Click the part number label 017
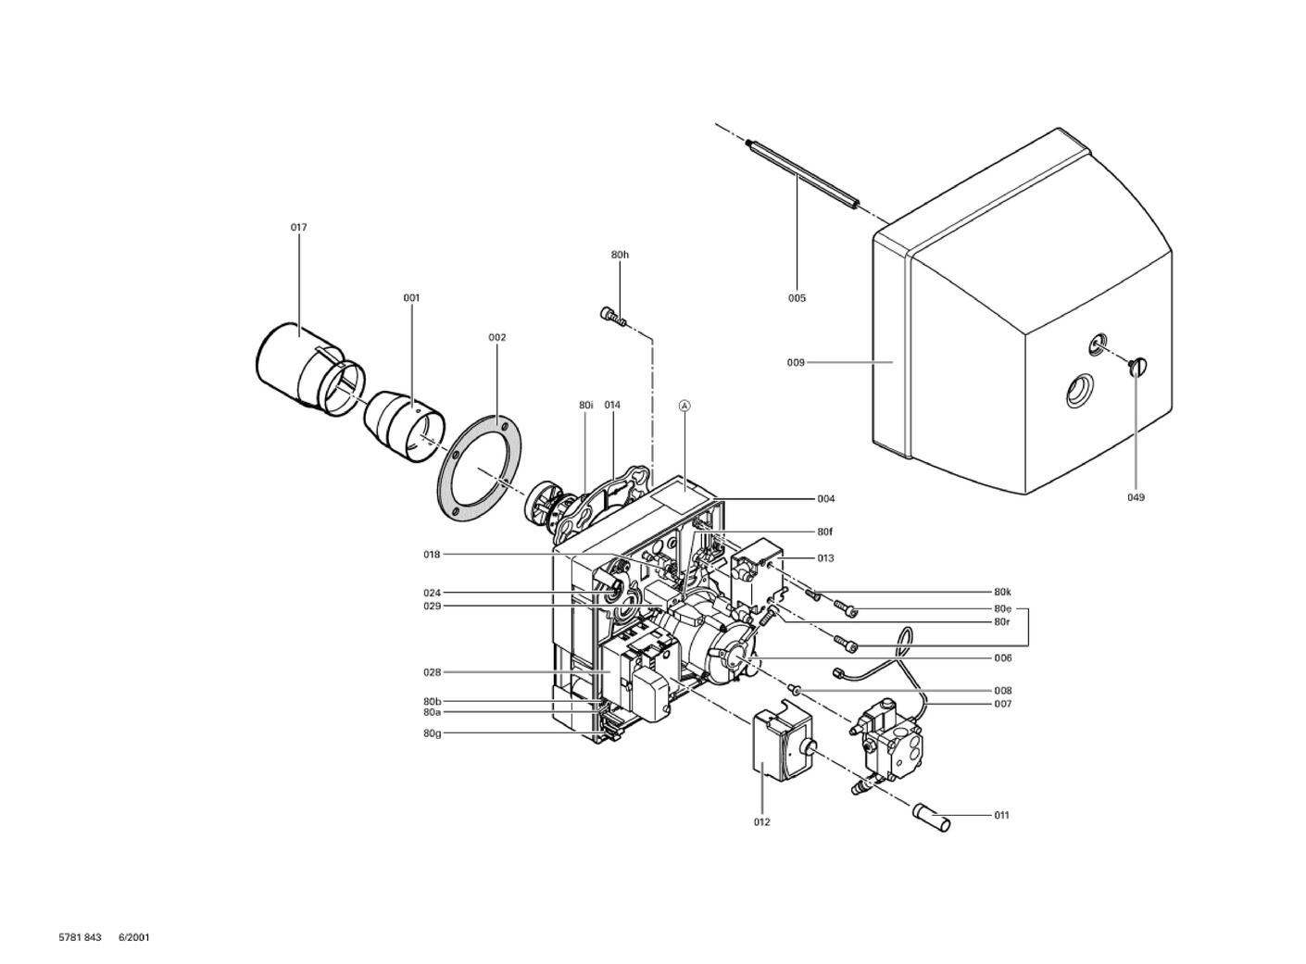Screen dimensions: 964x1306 pyautogui.click(x=298, y=227)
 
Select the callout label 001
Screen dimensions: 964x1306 pyautogui.click(x=411, y=297)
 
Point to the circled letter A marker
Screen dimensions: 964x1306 pyautogui.click(x=684, y=406)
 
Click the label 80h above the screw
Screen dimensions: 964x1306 pyautogui.click(x=620, y=254)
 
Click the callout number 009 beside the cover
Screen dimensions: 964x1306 pyautogui.click(x=796, y=362)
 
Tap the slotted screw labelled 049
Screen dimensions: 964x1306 pyautogui.click(x=1138, y=366)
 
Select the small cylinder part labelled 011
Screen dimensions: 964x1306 pyautogui.click(x=931, y=818)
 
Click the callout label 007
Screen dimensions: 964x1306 pyautogui.click(x=1003, y=704)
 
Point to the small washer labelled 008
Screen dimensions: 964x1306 pyautogui.click(x=795, y=689)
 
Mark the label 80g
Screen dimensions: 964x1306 pyautogui.click(x=433, y=733)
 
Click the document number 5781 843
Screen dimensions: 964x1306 pyautogui.click(x=80, y=936)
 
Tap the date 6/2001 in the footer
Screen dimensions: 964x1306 pyautogui.click(x=134, y=936)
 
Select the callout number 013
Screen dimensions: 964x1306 pyautogui.click(x=825, y=557)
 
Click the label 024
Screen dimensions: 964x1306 pyautogui.click(x=433, y=593)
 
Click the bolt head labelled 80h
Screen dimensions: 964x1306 pyautogui.click(x=609, y=314)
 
